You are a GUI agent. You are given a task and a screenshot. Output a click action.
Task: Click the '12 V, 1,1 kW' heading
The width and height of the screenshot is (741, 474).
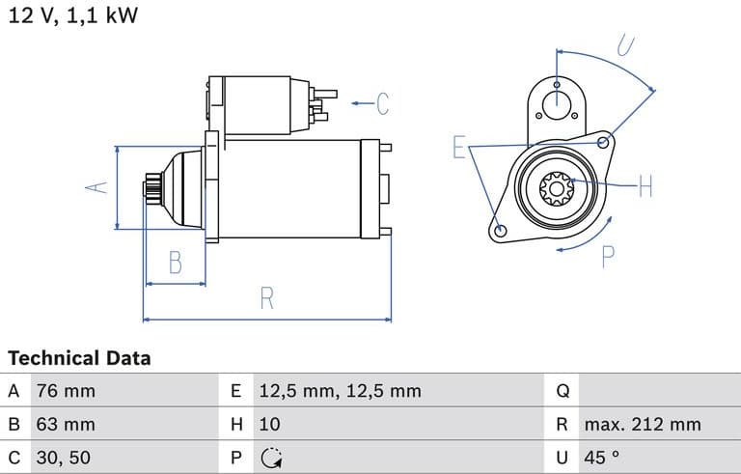coord(73,17)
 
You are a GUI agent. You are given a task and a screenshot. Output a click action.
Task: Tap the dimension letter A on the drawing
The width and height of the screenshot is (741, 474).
coord(95,187)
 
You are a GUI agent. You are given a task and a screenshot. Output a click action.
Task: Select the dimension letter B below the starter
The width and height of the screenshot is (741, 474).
coord(175,262)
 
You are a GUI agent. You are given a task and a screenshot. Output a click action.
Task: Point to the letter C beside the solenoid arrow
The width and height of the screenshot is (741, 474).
coord(382,102)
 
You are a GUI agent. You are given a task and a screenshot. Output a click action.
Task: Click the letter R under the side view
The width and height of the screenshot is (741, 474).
coord(267,298)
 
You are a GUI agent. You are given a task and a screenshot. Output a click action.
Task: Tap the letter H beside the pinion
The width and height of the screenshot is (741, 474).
coord(645,185)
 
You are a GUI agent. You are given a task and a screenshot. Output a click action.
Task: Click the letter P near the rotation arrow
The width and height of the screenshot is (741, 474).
coord(608,256)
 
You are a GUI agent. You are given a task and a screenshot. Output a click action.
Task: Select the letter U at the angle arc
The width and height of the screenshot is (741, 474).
coord(625,43)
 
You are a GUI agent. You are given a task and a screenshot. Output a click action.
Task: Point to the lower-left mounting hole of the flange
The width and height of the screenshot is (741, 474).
coord(500,231)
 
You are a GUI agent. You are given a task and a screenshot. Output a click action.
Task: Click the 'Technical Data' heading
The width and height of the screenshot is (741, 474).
coord(79,358)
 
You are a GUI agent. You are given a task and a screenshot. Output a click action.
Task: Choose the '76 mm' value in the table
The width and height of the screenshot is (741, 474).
coord(66,391)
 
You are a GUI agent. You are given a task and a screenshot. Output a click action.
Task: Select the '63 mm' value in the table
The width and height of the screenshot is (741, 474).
coord(66,424)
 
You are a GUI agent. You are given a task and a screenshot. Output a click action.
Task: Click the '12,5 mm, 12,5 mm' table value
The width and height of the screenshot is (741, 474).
coord(340,391)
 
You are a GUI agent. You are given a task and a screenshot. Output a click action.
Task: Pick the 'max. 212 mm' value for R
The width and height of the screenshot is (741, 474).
coord(642,424)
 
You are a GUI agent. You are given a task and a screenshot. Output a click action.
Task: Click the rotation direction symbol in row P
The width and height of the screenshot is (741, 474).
coord(271,457)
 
